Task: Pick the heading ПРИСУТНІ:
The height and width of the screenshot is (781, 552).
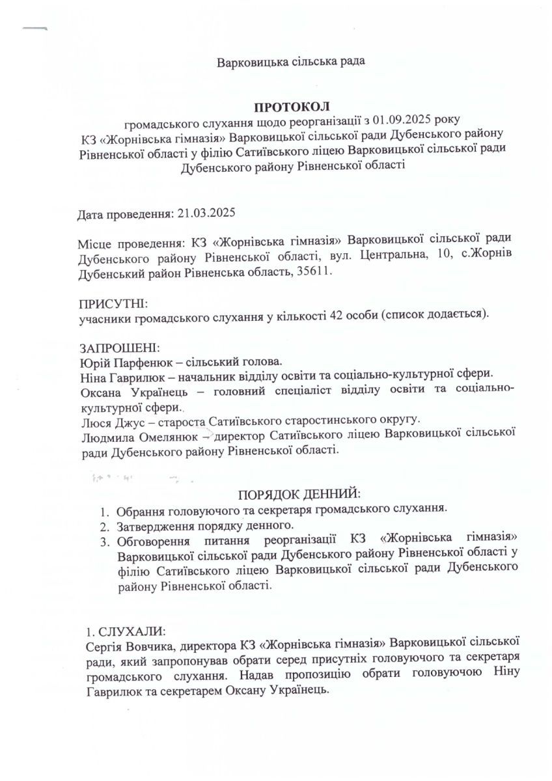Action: coord(113,303)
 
